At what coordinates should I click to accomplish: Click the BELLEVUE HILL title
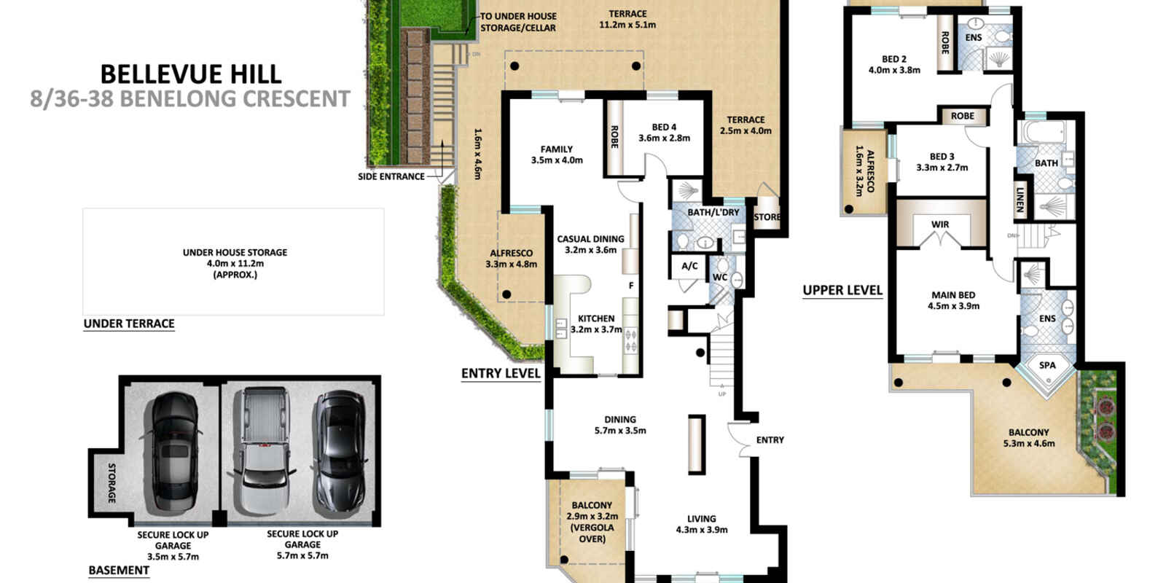190,74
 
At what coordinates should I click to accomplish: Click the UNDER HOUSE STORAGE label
235,253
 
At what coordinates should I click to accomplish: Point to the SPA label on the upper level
1047,366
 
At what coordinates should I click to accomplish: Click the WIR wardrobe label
940,224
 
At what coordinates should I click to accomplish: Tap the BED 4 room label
664,128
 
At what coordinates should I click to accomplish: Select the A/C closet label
689,266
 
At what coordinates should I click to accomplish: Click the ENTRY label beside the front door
770,440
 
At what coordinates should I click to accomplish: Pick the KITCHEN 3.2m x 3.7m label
596,324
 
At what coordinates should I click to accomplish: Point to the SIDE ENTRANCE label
391,176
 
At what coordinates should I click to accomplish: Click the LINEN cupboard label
1020,199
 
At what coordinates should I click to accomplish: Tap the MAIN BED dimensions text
953,306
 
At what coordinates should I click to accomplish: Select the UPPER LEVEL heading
842,290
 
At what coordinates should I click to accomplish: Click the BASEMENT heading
119,571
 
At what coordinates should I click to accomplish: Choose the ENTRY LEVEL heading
501,374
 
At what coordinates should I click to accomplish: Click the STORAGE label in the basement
112,482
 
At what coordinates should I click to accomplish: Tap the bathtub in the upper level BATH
1032,135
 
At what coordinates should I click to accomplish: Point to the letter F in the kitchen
631,286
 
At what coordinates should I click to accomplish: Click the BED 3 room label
942,157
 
